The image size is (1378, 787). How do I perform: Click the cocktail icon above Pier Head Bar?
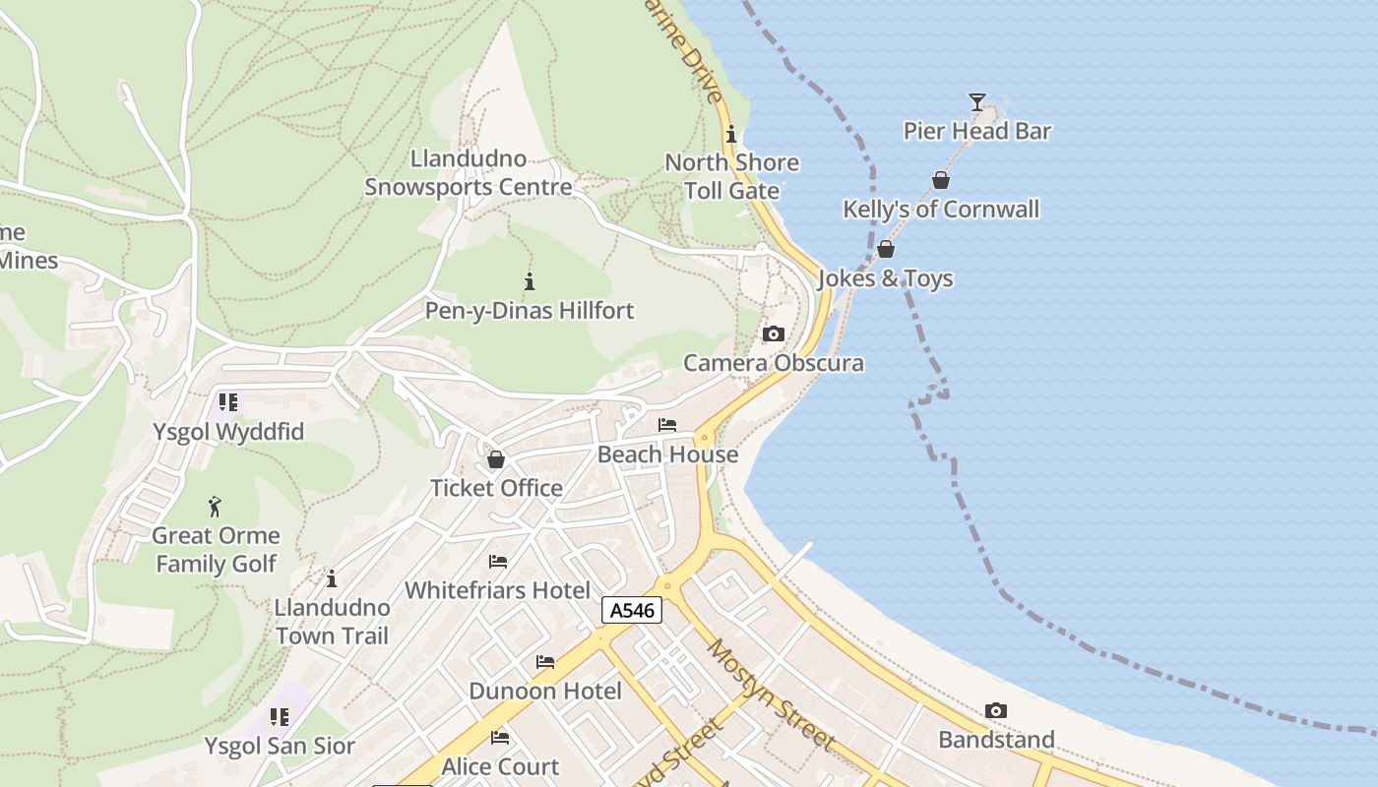click(976, 101)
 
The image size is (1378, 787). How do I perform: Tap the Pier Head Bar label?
click(977, 131)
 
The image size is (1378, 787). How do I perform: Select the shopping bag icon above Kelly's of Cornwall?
click(941, 180)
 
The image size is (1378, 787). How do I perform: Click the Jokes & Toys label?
click(885, 278)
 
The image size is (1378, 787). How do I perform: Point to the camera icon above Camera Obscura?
click(774, 334)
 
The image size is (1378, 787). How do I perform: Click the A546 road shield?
click(632, 611)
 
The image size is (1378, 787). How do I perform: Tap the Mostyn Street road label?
click(772, 695)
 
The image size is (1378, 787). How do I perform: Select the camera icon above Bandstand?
click(996, 711)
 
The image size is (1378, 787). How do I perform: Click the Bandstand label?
click(996, 740)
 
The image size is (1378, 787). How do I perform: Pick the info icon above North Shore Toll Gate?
click(731, 134)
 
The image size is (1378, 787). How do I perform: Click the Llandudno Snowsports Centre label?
click(469, 173)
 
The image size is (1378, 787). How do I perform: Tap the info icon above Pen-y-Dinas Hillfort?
click(530, 282)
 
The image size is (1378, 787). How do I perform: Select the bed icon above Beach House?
click(667, 425)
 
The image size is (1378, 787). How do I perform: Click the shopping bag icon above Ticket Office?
click(496, 459)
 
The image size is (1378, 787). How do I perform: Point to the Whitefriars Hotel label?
click(498, 590)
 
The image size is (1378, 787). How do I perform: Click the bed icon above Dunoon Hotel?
click(545, 662)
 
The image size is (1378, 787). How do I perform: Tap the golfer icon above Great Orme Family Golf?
click(216, 507)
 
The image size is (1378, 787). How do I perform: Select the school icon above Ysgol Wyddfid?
click(228, 402)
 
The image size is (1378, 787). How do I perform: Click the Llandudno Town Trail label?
click(332, 621)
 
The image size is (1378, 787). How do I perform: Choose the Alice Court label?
click(500, 766)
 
